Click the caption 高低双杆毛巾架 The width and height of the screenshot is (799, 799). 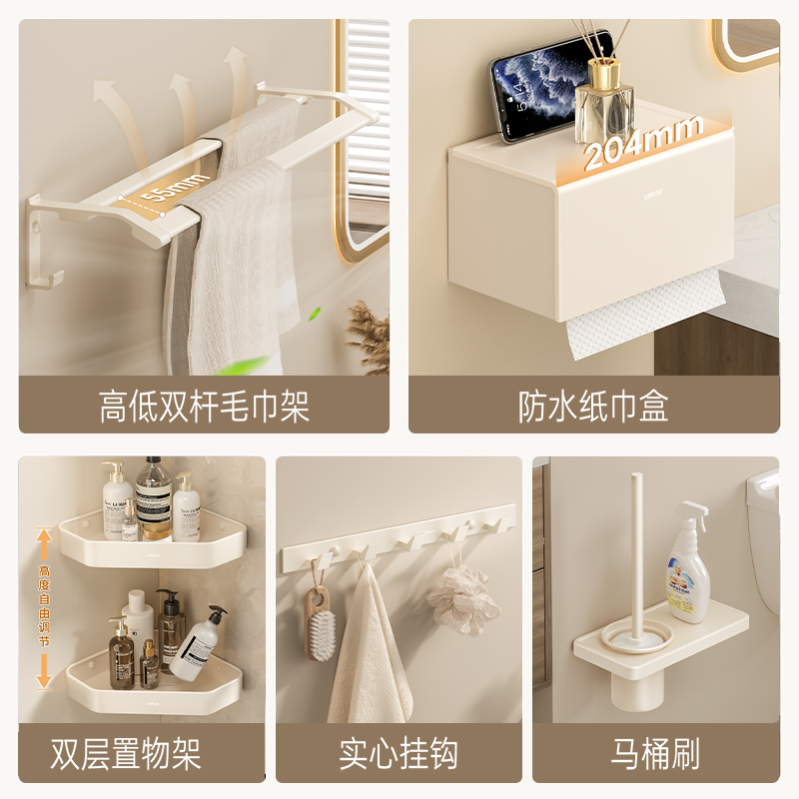pos(204,406)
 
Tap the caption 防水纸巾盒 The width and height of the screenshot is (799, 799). pos(593,406)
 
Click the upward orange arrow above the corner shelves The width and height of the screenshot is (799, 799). pos(43,545)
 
